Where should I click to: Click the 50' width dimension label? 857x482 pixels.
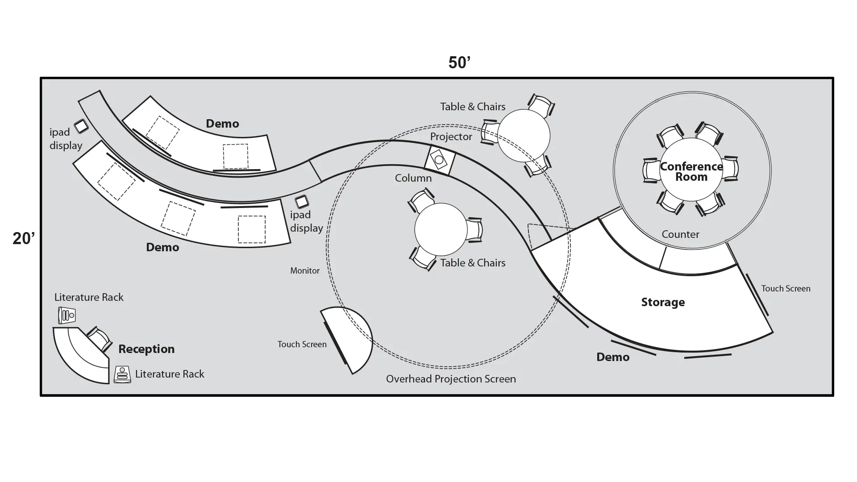(459, 63)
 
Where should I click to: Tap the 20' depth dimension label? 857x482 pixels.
(24, 239)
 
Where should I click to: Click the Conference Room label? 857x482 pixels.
(691, 172)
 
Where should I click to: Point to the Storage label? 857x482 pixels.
(663, 302)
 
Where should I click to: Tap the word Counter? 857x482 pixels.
(680, 234)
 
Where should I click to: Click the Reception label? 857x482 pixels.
(146, 349)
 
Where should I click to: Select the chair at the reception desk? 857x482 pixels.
(99, 339)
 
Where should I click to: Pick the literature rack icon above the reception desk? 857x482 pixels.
(67, 316)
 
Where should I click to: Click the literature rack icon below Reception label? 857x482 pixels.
(122, 374)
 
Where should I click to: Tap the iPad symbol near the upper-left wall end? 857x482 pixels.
(81, 126)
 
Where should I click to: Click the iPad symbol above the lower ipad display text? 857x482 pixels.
(302, 202)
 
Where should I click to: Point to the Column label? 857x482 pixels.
(413, 178)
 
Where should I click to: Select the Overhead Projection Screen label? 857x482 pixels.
(451, 379)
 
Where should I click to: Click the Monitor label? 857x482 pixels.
(305, 271)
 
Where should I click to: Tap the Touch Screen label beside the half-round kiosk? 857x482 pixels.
(302, 345)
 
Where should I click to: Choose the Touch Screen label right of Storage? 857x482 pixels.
(786, 289)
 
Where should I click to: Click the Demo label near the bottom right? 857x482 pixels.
(613, 357)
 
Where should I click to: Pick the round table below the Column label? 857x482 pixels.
(441, 229)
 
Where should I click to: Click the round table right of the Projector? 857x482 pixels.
(524, 136)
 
